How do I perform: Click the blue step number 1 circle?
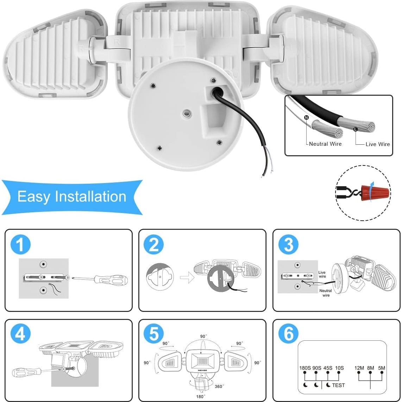[x=20, y=244]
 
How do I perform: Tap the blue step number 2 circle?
[x=154, y=244]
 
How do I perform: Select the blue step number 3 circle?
[x=288, y=244]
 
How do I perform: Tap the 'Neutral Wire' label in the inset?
[x=325, y=144]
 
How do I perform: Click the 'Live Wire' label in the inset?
[x=377, y=144]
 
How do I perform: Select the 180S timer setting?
[x=304, y=368]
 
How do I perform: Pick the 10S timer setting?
[x=340, y=368]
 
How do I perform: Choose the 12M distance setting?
[x=359, y=368]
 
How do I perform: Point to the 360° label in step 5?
[x=219, y=387]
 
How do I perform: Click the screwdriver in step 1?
[x=102, y=280]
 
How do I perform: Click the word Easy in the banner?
[x=33, y=196]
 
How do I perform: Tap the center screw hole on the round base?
[x=186, y=113]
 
